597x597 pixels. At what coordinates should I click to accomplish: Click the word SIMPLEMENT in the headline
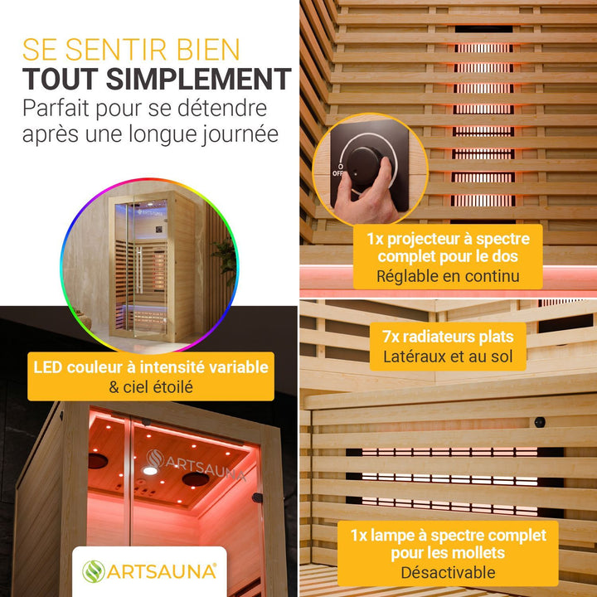click(198, 79)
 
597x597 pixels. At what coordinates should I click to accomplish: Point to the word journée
click(240, 135)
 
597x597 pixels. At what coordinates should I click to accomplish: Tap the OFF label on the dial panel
click(337, 173)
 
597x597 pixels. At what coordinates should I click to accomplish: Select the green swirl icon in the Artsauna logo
click(93, 571)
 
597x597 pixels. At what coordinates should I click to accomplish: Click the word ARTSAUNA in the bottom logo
click(162, 572)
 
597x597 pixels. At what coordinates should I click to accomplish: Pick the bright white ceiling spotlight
click(150, 471)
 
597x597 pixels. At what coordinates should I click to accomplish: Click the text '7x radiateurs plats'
click(448, 337)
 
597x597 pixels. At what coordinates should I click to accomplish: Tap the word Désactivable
click(448, 573)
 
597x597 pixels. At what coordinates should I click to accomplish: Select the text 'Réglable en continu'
click(448, 276)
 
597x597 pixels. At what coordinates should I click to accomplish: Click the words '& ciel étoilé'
click(151, 387)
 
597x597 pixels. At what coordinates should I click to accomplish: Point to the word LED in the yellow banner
click(47, 367)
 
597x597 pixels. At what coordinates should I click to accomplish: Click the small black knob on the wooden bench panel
click(540, 422)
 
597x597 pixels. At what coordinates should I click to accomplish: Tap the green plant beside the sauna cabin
click(226, 259)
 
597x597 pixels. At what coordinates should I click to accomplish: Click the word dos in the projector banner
click(504, 256)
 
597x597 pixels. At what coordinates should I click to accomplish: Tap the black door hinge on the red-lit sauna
click(257, 498)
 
